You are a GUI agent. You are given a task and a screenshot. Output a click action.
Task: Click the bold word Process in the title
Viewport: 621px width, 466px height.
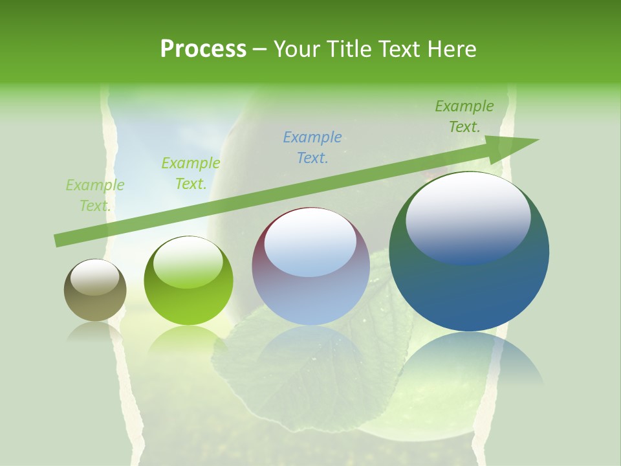click(203, 49)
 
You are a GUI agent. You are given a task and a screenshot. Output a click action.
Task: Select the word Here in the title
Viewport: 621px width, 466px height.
click(452, 49)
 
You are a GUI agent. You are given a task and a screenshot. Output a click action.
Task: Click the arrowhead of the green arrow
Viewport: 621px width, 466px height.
click(517, 146)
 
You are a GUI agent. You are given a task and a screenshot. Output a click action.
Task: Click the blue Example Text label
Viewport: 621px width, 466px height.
click(312, 147)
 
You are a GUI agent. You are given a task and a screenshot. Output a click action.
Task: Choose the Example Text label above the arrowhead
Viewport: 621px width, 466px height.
click(464, 116)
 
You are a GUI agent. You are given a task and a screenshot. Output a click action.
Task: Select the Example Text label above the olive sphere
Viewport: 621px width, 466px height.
click(95, 195)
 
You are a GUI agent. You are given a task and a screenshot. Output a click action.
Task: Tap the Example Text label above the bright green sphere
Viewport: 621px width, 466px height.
click(191, 173)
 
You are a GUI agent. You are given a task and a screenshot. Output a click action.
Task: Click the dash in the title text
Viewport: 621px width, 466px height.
click(260, 50)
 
